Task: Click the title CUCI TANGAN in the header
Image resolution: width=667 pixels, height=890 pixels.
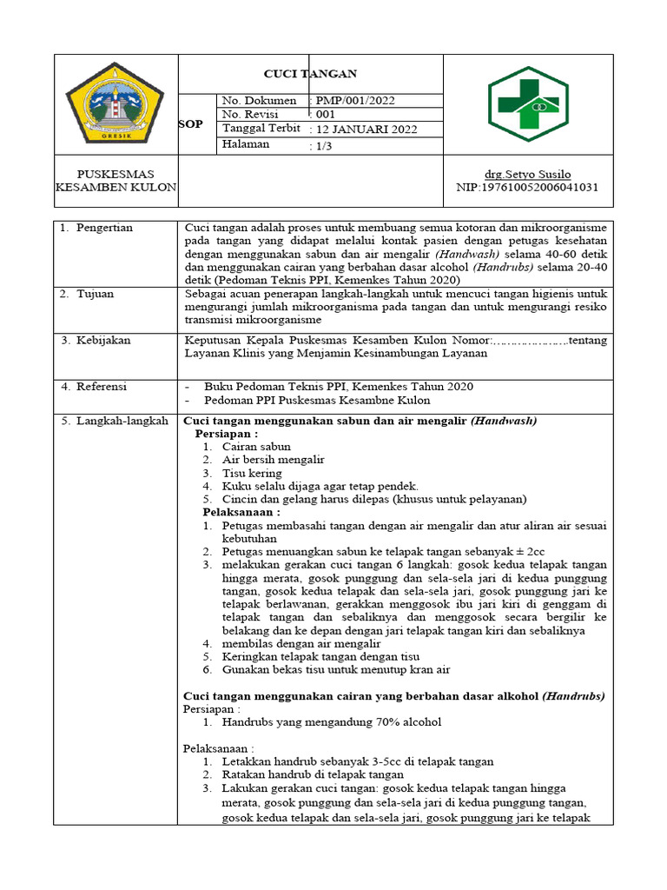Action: pyautogui.click(x=310, y=74)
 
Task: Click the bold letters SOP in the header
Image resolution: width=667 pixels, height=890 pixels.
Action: pyautogui.click(x=190, y=124)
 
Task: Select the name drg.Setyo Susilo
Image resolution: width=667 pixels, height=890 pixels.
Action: pyautogui.click(x=527, y=174)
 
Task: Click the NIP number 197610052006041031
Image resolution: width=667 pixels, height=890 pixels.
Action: pyautogui.click(x=527, y=187)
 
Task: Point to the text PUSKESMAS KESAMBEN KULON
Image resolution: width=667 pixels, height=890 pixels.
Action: pyautogui.click(x=116, y=181)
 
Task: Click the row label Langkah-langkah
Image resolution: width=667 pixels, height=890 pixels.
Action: pyautogui.click(x=114, y=421)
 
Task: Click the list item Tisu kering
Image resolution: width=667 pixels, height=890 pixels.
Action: pyautogui.click(x=252, y=473)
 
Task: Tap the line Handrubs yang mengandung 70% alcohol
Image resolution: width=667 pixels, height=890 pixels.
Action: pyautogui.click(x=331, y=722)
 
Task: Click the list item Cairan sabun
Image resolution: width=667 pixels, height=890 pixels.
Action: pyautogui.click(x=256, y=446)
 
